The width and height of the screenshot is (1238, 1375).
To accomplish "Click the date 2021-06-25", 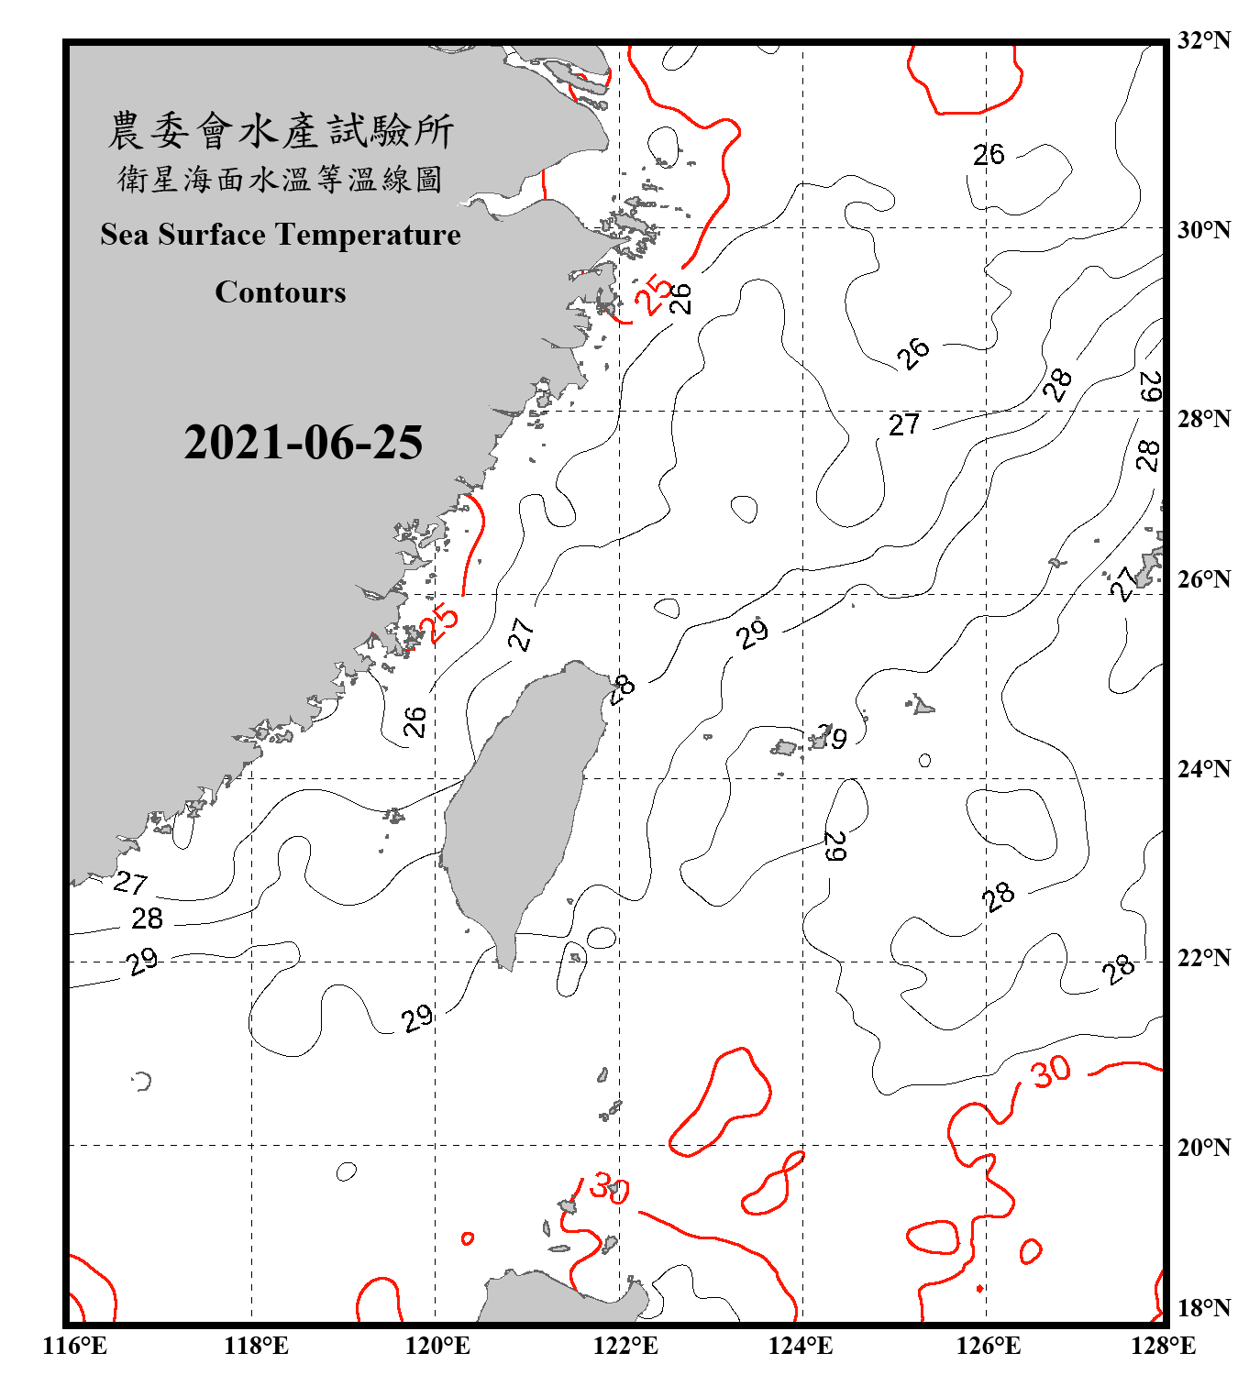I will pyautogui.click(x=303, y=443).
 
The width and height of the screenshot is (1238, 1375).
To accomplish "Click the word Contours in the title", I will pyautogui.click(x=281, y=292).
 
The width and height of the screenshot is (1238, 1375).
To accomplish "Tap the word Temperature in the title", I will pyautogui.click(x=367, y=235).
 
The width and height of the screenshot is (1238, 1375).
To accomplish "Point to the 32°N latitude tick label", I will pyautogui.click(x=1204, y=40).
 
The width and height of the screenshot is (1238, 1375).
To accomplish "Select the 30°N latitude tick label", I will pyautogui.click(x=1204, y=230).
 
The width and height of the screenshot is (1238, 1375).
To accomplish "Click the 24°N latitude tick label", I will pyautogui.click(x=1204, y=769).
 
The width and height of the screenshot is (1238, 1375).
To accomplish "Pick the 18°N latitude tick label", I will pyautogui.click(x=1204, y=1308).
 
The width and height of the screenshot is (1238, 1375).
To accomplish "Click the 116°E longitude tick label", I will pyautogui.click(x=75, y=1346).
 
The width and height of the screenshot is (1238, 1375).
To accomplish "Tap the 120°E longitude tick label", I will pyautogui.click(x=437, y=1346).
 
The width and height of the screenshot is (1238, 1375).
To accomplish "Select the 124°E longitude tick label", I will pyautogui.click(x=801, y=1346).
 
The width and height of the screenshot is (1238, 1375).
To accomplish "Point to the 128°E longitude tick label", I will pyautogui.click(x=1163, y=1346).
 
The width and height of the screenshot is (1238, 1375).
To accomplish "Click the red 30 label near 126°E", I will pyautogui.click(x=1050, y=1071).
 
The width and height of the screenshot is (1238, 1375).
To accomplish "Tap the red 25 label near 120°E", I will pyautogui.click(x=439, y=623).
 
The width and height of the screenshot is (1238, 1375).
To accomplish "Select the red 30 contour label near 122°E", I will pyautogui.click(x=609, y=1188).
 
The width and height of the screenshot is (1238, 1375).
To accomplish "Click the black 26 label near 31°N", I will pyautogui.click(x=989, y=155).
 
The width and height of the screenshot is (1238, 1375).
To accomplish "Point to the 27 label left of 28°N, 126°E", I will pyautogui.click(x=903, y=424).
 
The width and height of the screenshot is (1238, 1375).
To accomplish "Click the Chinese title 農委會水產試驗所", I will pyautogui.click(x=281, y=131).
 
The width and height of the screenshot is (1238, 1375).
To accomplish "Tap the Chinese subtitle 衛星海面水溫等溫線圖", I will pyautogui.click(x=280, y=179).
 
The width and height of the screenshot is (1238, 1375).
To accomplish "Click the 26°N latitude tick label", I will pyautogui.click(x=1204, y=579).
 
